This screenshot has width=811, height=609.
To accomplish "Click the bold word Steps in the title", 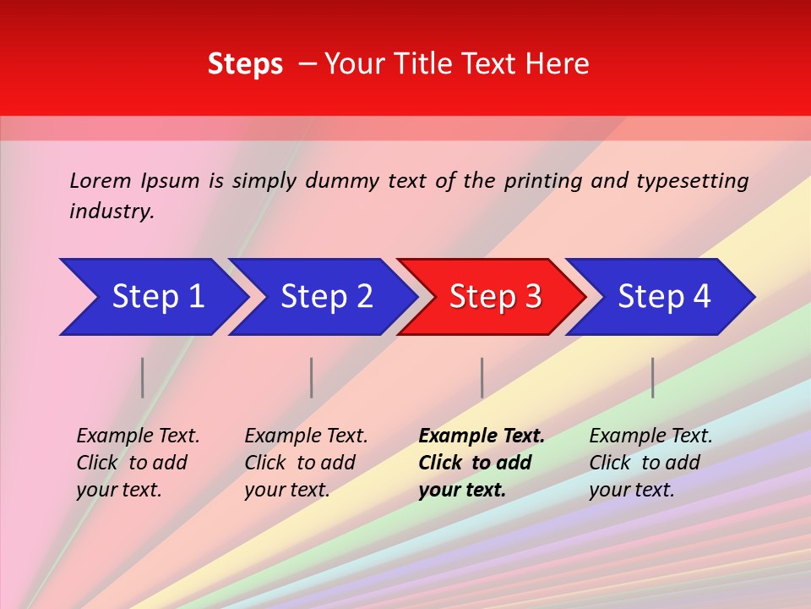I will [x=245, y=64].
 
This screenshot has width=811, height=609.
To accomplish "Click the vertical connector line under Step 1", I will [x=143, y=377].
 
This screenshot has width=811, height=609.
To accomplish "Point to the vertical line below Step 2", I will [x=312, y=377].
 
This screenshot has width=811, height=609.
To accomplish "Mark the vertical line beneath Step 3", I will [x=482, y=377].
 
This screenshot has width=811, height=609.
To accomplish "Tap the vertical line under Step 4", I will [x=652, y=377].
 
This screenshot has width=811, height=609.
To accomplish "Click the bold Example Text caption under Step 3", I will [x=481, y=463].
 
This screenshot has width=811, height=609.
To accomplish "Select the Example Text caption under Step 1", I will [x=137, y=463].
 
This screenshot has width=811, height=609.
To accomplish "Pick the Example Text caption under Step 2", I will [x=305, y=463].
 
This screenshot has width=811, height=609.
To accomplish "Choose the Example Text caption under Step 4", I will [x=650, y=463].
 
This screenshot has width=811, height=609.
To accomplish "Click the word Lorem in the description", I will [x=101, y=181].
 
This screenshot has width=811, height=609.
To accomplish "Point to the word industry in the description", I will [x=111, y=211].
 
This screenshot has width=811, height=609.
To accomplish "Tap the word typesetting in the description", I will [x=692, y=181].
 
